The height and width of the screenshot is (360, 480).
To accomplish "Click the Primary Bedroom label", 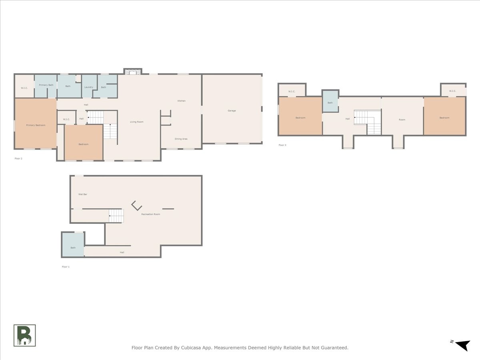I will [x=36, y=125].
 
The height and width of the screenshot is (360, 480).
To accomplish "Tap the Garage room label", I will [x=232, y=110].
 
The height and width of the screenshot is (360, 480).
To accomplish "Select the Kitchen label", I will [x=182, y=101].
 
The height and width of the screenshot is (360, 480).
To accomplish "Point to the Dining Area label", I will [x=181, y=139].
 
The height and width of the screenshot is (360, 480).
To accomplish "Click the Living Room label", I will [x=136, y=122].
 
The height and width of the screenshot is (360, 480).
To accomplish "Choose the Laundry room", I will [x=89, y=87].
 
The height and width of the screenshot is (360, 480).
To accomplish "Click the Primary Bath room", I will [x=46, y=85].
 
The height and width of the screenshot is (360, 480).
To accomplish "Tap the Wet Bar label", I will [x=83, y=194].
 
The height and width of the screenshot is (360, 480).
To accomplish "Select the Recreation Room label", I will [x=150, y=214].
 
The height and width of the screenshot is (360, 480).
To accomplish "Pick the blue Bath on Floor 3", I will [x=330, y=103].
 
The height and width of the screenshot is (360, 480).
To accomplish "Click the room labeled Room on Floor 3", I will [x=402, y=120].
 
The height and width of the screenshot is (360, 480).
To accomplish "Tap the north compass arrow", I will [x=462, y=345].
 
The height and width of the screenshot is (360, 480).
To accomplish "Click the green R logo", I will [x=25, y=335].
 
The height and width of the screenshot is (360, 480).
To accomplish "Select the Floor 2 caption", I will [x=18, y=158].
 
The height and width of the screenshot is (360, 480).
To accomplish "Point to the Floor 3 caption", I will [x=282, y=145].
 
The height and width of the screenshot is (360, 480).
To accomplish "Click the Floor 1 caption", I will [x=66, y=266].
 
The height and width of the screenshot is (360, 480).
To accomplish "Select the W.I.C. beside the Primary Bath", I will [x=24, y=88].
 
